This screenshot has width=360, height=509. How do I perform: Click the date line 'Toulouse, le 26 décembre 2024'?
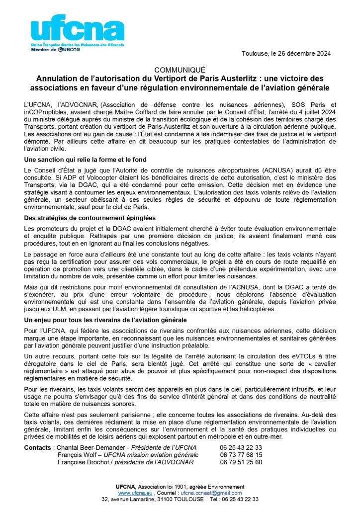286,53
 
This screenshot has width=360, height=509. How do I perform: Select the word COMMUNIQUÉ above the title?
180,70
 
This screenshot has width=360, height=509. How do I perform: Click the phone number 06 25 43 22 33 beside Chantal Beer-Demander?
241,447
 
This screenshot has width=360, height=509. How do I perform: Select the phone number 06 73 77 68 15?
241,455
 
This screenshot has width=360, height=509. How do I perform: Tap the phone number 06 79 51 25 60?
241,462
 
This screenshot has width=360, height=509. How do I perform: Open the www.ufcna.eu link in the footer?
132,493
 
